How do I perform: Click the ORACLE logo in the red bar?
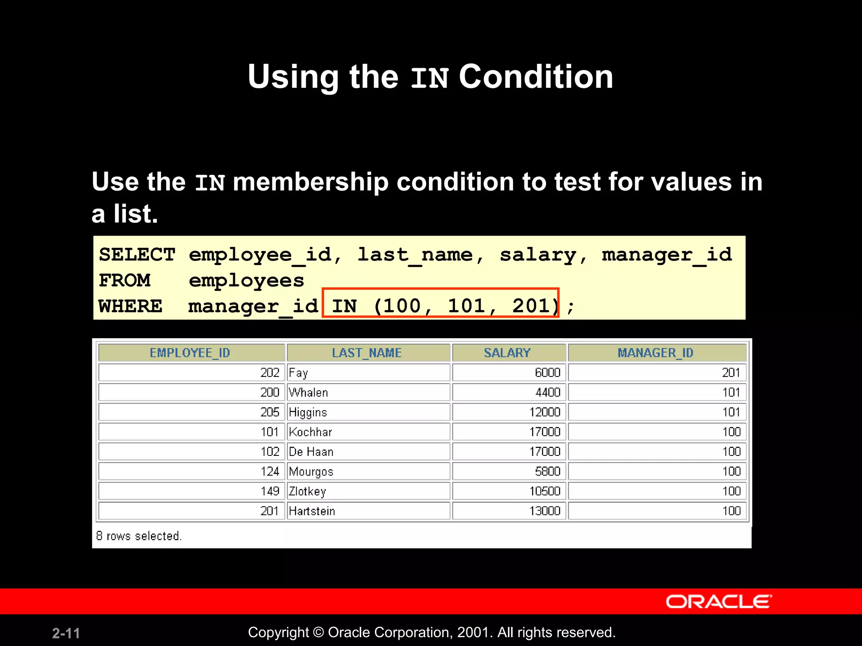(x=718, y=601)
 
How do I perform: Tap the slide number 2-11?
(x=66, y=633)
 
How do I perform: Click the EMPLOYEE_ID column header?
(x=190, y=353)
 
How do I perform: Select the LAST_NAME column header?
(x=367, y=353)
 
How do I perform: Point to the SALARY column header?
(x=508, y=353)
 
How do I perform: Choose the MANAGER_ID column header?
(x=655, y=353)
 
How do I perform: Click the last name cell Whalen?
(x=309, y=392)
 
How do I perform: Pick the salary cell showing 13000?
(x=545, y=511)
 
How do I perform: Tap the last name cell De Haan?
(x=311, y=452)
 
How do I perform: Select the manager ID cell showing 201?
(x=731, y=373)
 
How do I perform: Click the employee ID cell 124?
(x=270, y=471)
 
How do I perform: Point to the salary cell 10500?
(x=545, y=491)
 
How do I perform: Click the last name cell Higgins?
(x=308, y=412)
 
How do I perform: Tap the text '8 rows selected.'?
(x=139, y=536)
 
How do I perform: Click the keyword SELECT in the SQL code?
(x=137, y=255)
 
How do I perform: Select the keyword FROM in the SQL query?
(x=125, y=281)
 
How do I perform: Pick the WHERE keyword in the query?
(x=130, y=306)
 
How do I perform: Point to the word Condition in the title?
(x=535, y=77)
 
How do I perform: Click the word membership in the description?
(x=310, y=182)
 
